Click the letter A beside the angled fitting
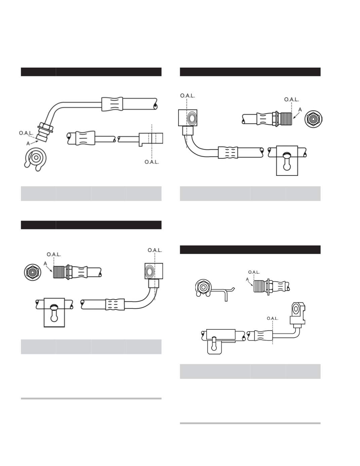[28, 144]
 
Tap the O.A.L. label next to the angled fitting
[26, 133]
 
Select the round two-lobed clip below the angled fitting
[36, 159]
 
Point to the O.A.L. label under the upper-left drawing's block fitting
[152, 162]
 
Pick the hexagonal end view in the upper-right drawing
[313, 119]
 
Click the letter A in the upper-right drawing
[300, 110]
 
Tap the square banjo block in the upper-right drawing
[188, 118]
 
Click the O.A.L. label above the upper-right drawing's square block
[188, 95]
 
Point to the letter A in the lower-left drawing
[45, 264]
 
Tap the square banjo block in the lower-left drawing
[154, 271]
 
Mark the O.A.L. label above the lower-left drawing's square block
[155, 250]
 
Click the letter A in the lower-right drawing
[247, 279]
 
